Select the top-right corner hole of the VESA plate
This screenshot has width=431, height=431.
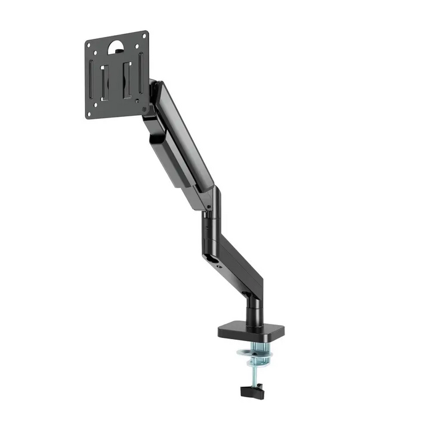tap(144, 36)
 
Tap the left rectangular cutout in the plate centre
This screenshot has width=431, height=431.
tap(107, 77)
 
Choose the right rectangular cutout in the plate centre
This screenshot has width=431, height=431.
tap(127, 75)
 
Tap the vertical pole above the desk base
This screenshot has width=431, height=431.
tap(253, 311)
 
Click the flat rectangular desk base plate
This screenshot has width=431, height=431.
tap(246, 332)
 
